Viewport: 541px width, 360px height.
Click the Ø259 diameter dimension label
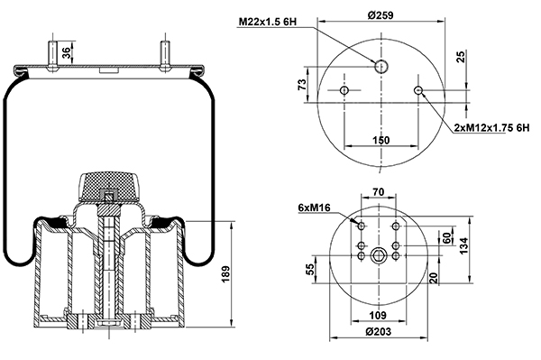pyautogui.click(x=381, y=15)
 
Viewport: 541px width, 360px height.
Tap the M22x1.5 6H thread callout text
pyautogui.click(x=268, y=22)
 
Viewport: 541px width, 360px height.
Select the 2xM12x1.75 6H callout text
pyautogui.click(x=491, y=128)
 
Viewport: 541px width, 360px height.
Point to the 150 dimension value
pyautogui.click(x=381, y=141)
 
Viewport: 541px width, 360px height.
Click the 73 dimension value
pyautogui.click(x=302, y=85)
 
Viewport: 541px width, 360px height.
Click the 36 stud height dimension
pyautogui.click(x=66, y=52)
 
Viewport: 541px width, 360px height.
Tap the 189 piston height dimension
pyautogui.click(x=225, y=274)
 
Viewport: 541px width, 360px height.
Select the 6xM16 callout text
pyautogui.click(x=315, y=208)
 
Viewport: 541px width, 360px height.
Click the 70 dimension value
pyautogui.click(x=379, y=192)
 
